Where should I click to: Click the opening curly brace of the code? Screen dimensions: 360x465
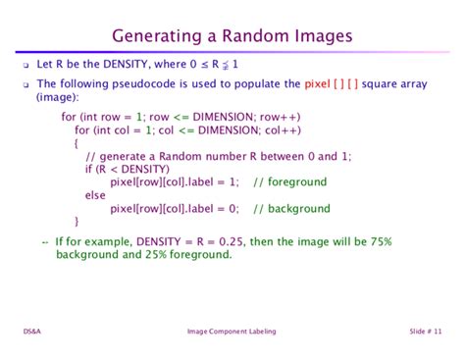pyautogui.click(x=77, y=142)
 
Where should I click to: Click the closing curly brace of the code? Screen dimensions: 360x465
pyautogui.click(x=77, y=221)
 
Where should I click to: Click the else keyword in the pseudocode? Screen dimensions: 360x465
pyautogui.click(x=95, y=194)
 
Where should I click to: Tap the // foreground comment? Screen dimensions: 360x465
pyautogui.click(x=292, y=181)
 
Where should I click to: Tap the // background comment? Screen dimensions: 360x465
pyautogui.click(x=292, y=208)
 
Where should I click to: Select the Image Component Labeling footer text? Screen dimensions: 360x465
pyautogui.click(x=232, y=331)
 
